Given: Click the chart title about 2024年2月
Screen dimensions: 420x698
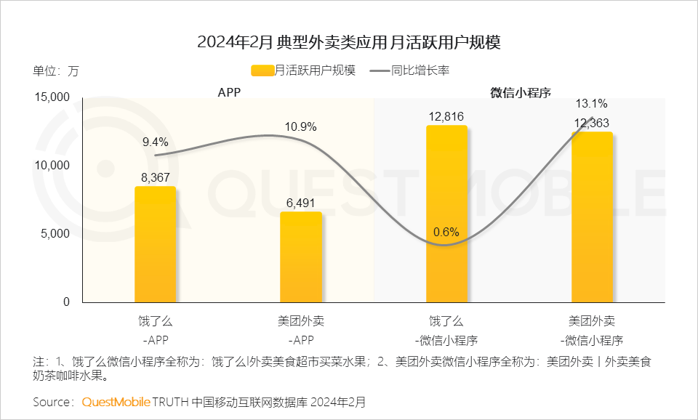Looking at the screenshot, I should pyautogui.click(x=349, y=42).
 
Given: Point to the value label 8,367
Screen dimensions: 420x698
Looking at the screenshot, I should pyautogui.click(x=155, y=176).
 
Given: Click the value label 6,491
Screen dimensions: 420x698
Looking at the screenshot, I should pyautogui.click(x=300, y=203).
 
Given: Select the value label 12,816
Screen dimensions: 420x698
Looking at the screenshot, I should pyautogui.click(x=446, y=116).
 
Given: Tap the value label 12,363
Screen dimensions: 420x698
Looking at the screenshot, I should pyautogui.click(x=592, y=124).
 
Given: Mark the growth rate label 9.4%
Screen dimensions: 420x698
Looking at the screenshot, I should pyautogui.click(x=155, y=142).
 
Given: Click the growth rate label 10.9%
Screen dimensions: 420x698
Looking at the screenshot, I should pyautogui.click(x=300, y=127).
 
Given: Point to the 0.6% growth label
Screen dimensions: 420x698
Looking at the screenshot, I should pyautogui.click(x=446, y=233).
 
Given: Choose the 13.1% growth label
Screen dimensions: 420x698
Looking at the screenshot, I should pyautogui.click(x=591, y=103).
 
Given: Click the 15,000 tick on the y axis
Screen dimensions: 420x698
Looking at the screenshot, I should pyautogui.click(x=52, y=97).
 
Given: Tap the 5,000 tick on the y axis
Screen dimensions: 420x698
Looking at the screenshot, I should pyautogui.click(x=55, y=234).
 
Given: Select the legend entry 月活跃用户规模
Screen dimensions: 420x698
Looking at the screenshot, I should pyautogui.click(x=303, y=70).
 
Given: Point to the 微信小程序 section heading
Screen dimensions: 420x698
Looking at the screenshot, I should pyautogui.click(x=521, y=93).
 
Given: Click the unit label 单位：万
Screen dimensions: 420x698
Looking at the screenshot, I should pyautogui.click(x=55, y=71).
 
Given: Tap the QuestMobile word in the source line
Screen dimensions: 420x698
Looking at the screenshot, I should pyautogui.click(x=116, y=401).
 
